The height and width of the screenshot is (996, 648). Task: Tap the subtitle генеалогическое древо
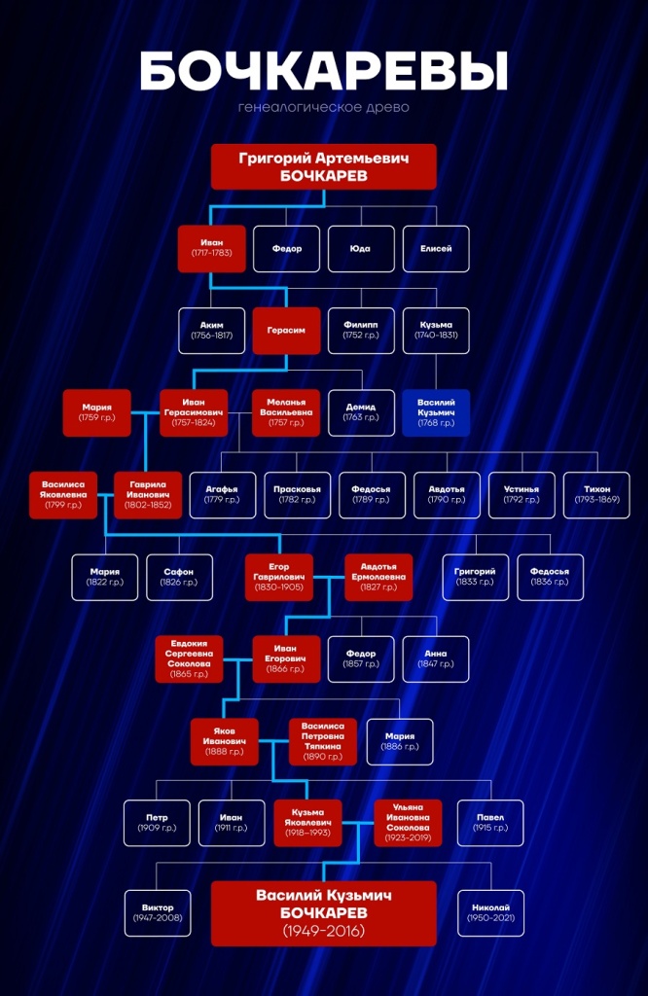[x=324, y=107]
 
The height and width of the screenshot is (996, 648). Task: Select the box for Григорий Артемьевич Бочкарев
[x=324, y=166]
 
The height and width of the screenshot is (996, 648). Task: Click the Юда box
[x=361, y=249]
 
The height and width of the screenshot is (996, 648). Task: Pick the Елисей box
[x=436, y=249]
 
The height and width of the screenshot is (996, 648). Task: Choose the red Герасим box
[x=286, y=331]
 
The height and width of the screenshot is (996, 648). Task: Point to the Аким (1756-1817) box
[x=211, y=331]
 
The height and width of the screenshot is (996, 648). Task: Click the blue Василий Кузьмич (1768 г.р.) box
[x=436, y=412]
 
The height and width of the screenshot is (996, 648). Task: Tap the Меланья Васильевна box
[x=286, y=412]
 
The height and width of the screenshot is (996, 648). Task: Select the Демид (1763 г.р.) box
[x=361, y=412]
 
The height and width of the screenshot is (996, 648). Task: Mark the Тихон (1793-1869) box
[x=596, y=495]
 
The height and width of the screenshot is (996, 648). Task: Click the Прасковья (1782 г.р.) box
[x=298, y=495]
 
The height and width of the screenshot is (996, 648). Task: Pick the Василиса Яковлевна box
[x=63, y=495]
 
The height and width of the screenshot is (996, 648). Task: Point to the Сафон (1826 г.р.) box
[x=179, y=577]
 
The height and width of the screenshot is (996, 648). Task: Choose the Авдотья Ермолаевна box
[x=378, y=577]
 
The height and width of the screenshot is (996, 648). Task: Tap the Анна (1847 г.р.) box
[x=436, y=658]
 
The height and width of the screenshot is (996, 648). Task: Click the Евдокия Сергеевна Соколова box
[x=189, y=658]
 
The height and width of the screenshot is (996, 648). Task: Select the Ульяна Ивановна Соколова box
[x=408, y=823]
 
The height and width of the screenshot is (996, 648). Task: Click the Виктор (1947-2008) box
[x=158, y=912]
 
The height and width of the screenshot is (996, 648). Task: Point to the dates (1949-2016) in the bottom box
[x=324, y=931]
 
